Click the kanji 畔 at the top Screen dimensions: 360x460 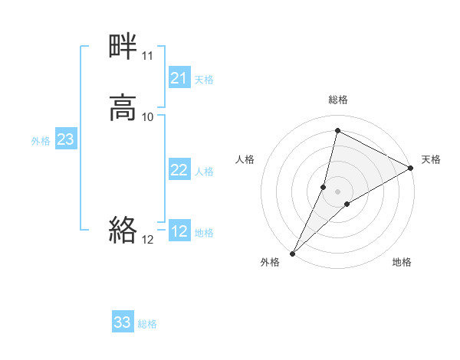123,47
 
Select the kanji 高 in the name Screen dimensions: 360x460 123,107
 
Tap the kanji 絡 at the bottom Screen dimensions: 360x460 123,229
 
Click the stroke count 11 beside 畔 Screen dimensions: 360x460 147,56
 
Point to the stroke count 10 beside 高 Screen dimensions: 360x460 147,116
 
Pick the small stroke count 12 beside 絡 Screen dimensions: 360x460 147,239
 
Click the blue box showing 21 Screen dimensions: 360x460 179,78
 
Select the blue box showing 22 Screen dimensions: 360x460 179,170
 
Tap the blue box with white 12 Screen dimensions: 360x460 179,231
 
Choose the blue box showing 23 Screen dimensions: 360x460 66,139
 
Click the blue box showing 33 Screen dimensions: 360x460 123,322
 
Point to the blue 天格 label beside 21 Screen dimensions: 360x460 204,80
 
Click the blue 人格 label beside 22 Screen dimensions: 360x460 204,172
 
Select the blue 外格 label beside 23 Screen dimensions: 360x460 41,141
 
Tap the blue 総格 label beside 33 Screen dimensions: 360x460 147,324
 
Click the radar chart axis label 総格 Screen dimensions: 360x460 337,100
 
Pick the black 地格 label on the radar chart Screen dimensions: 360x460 402,262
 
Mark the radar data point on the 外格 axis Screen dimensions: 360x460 292,253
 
